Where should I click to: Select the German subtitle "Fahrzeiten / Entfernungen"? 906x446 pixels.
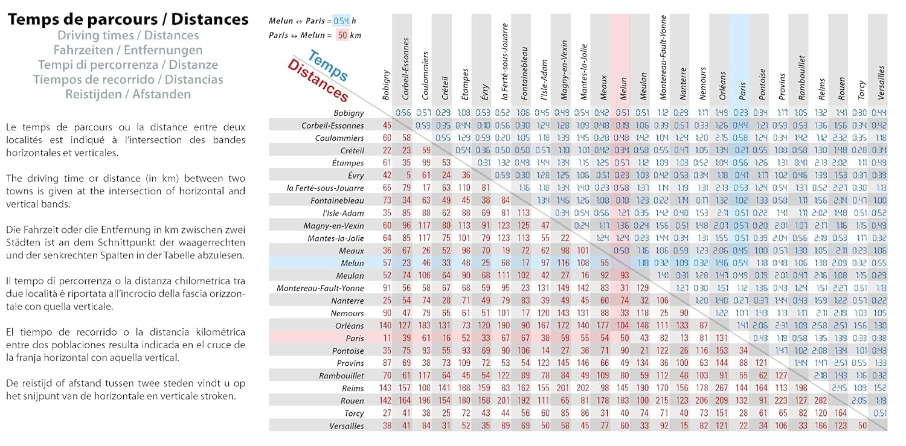point(128,50)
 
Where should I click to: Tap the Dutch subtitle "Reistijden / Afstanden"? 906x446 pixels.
point(128,94)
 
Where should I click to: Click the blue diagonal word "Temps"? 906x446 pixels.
point(327,66)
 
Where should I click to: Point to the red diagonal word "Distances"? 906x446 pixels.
point(318,81)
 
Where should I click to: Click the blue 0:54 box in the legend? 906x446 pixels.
point(341,21)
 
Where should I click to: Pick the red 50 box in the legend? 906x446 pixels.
point(342,35)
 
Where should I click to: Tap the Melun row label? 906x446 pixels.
point(353,263)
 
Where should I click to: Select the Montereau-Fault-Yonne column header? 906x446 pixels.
point(663,57)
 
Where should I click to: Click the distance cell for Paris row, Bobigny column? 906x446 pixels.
point(387,339)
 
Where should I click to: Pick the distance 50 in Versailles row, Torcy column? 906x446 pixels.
point(862,426)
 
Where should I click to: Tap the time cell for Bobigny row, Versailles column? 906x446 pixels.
point(879,113)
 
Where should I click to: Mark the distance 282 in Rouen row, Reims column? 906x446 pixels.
point(821,401)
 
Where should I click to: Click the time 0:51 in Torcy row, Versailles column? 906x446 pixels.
point(879,413)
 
